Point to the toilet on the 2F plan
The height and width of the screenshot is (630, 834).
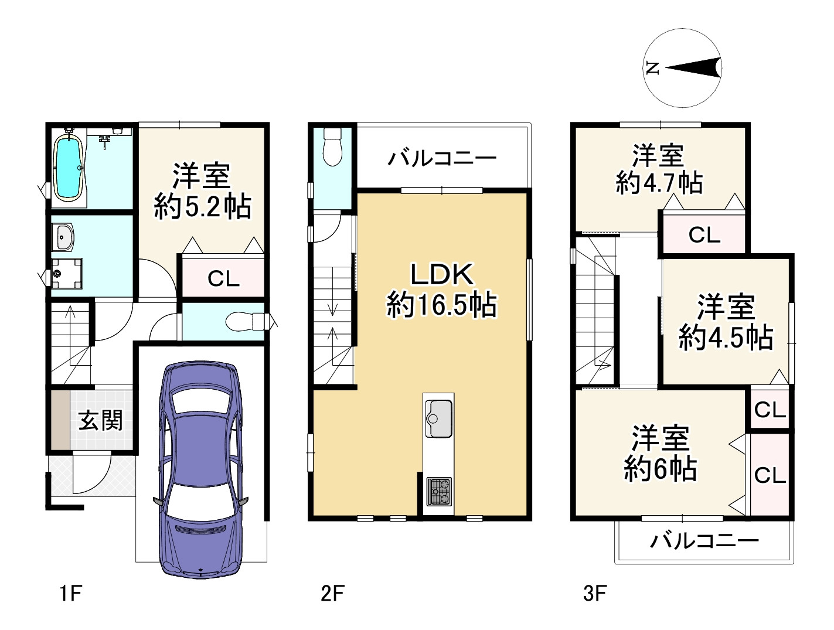pyautogui.click(x=332, y=147)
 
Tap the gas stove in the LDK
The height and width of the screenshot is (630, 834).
pyautogui.click(x=438, y=491)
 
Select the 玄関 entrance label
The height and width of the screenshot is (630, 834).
pyautogui.click(x=101, y=420)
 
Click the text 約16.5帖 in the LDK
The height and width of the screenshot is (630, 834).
pyautogui.click(x=441, y=305)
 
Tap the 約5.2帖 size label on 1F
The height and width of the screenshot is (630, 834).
pyautogui.click(x=202, y=207)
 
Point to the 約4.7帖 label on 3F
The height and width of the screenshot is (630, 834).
pyautogui.click(x=659, y=183)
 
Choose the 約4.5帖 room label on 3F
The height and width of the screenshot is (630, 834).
pyautogui.click(x=726, y=338)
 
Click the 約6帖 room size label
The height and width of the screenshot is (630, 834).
pyautogui.click(x=660, y=469)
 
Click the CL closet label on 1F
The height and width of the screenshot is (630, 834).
pyautogui.click(x=223, y=279)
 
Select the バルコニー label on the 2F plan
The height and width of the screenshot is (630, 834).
pyautogui.click(x=442, y=158)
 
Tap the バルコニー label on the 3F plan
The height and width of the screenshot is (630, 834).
pyautogui.click(x=704, y=540)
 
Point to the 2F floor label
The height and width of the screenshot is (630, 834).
pyautogui.click(x=332, y=594)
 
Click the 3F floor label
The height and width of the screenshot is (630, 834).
pyautogui.click(x=594, y=594)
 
